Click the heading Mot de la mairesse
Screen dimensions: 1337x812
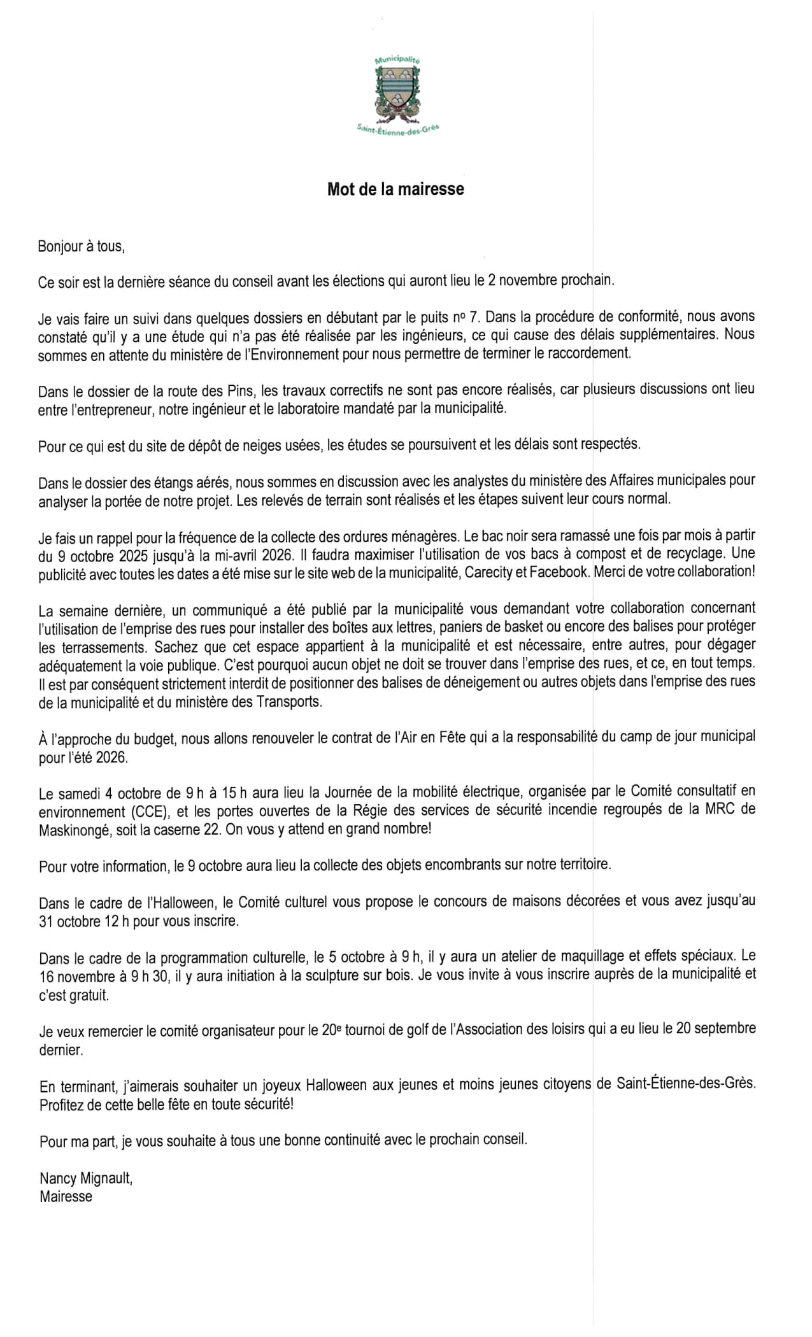[395, 189]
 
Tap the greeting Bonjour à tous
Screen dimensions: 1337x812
[81, 246]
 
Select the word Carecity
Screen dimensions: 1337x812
[488, 572]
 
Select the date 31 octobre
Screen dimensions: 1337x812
[69, 921]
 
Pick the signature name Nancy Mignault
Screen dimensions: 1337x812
[86, 1178]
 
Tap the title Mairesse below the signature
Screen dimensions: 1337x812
[66, 1196]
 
